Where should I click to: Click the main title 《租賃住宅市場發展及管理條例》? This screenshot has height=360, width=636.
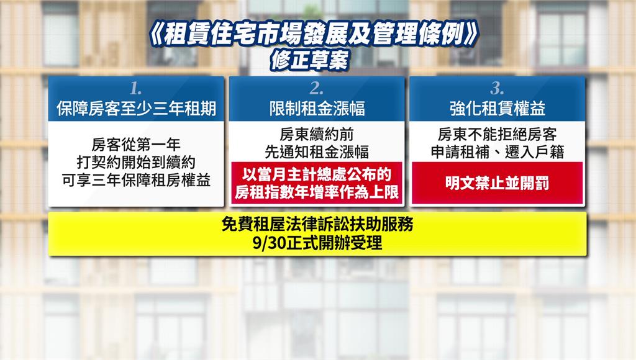pos(314,35)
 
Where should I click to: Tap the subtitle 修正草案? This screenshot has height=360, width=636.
pos(311,60)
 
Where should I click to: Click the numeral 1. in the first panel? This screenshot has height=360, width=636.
pos(136,88)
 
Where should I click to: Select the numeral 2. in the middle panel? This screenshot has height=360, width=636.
pos(316,88)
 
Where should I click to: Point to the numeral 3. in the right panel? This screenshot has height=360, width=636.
pos(497,88)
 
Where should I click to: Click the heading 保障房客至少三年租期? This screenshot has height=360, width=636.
pos(136,109)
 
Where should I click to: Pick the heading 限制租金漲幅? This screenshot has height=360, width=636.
pos(317,109)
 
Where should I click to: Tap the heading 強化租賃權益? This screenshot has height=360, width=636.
pos(497,109)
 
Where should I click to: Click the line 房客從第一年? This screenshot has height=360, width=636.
pos(136,144)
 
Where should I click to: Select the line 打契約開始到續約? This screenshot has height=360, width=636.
pos(136,162)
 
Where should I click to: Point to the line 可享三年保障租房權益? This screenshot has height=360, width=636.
pos(136,181)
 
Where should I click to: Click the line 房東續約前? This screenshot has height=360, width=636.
pos(317,134)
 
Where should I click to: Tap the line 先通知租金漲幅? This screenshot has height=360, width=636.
pos(317,152)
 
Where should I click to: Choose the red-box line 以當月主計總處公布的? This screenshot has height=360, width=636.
pos(317,174)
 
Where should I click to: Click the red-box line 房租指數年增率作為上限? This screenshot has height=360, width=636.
pos(317,192)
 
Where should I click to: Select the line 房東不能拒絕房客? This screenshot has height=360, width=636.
pos(497,134)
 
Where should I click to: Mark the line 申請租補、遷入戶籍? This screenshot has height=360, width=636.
pos(497,152)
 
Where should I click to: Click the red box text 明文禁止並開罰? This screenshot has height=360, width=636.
pos(497,183)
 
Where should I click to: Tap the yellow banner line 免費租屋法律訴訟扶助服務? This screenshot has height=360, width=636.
pos(317,224)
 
